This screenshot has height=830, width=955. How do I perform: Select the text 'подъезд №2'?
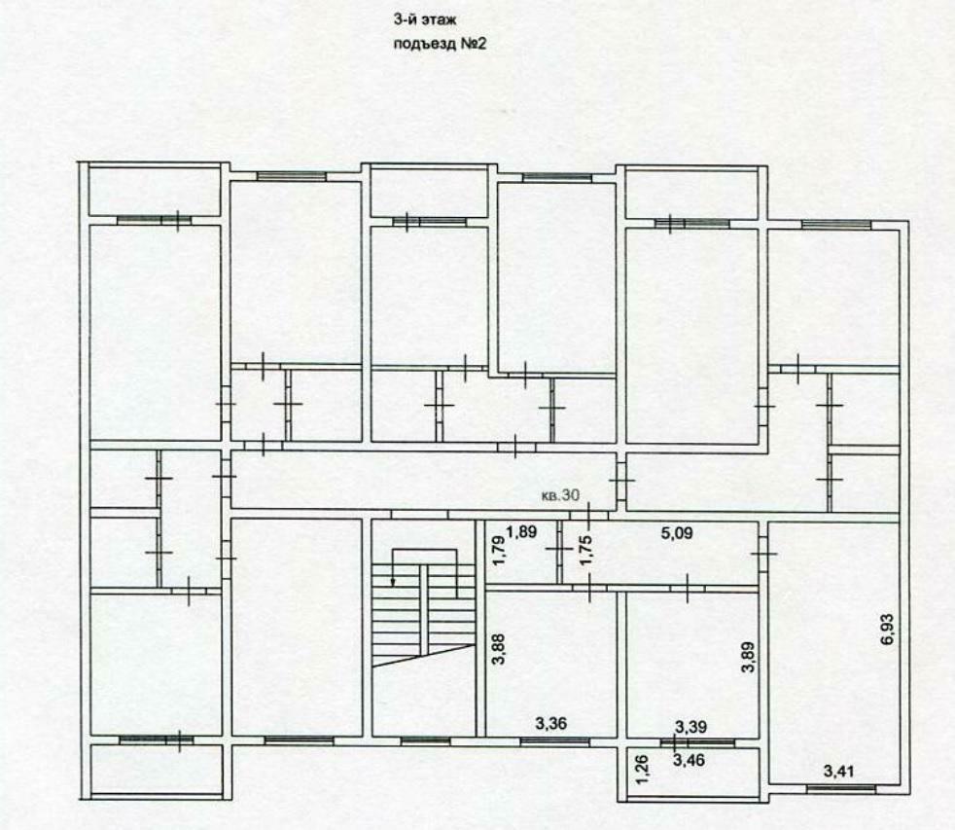pyautogui.click(x=440, y=44)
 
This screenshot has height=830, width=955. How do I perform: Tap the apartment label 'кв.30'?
pyautogui.click(x=560, y=495)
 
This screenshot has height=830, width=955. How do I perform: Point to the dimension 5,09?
pyautogui.click(x=677, y=532)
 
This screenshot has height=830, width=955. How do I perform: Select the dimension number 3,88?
pyautogui.click(x=499, y=648)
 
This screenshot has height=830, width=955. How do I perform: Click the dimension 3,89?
pyautogui.click(x=749, y=657)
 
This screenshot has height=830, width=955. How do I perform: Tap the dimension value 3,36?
pyautogui.click(x=550, y=723)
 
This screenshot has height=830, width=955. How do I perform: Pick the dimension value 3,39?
pyautogui.click(x=691, y=727)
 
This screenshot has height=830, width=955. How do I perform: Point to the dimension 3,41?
pyautogui.click(x=838, y=772)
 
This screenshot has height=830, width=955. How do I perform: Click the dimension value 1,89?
pyautogui.click(x=521, y=531)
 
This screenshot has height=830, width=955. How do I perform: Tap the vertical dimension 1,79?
pyautogui.click(x=499, y=551)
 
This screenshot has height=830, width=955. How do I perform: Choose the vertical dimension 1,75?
pyautogui.click(x=585, y=550)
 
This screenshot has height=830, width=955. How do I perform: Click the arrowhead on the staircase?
pyautogui.click(x=393, y=582)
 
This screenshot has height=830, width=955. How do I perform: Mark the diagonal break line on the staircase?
pyautogui.click(x=423, y=656)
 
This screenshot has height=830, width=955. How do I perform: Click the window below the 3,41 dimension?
pyautogui.click(x=841, y=788)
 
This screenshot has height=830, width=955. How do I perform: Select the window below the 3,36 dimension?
pyautogui.click(x=555, y=741)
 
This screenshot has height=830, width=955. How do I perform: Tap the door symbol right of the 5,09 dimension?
pyautogui.click(x=763, y=554)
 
